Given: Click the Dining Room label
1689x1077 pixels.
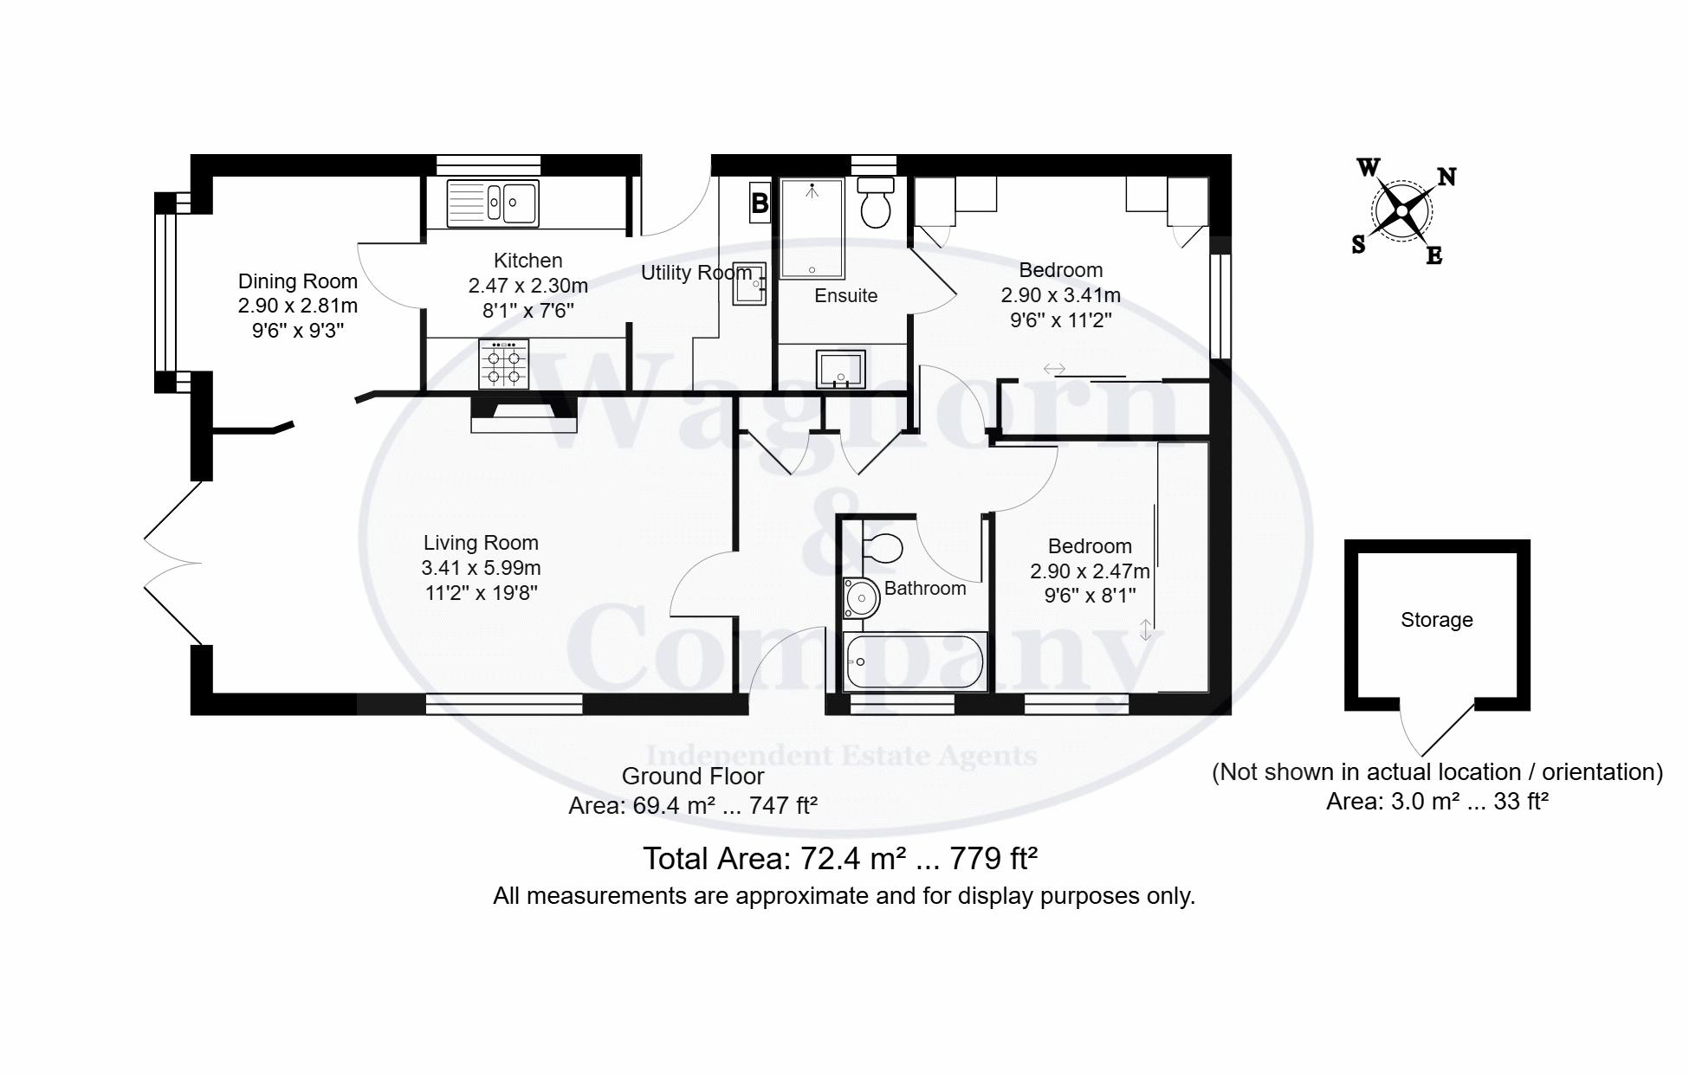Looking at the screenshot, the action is pyautogui.click(x=297, y=281).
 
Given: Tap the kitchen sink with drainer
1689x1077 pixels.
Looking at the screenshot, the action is pyautogui.click(x=493, y=203).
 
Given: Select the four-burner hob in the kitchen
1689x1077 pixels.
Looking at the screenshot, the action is pyautogui.click(x=503, y=364).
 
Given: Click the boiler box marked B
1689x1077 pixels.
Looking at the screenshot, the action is pyautogui.click(x=760, y=203).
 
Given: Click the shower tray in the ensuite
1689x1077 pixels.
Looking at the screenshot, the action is pyautogui.click(x=812, y=229).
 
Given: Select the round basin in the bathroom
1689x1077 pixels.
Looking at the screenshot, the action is pyautogui.click(x=861, y=597).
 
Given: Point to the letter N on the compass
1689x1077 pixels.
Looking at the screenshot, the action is pyautogui.click(x=1446, y=177).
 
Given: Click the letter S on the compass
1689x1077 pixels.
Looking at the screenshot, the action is pyautogui.click(x=1358, y=245).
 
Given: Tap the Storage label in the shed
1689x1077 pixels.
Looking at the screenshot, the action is pyautogui.click(x=1437, y=620).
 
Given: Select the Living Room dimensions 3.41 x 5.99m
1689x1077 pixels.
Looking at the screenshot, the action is pyautogui.click(x=481, y=568).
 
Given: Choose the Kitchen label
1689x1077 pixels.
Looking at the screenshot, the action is pyautogui.click(x=527, y=261).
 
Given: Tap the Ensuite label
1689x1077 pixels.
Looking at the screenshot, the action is pyautogui.click(x=846, y=296).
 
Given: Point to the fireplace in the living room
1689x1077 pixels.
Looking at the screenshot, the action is pyautogui.click(x=524, y=413).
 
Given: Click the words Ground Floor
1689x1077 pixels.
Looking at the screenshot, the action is pyautogui.click(x=693, y=776).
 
